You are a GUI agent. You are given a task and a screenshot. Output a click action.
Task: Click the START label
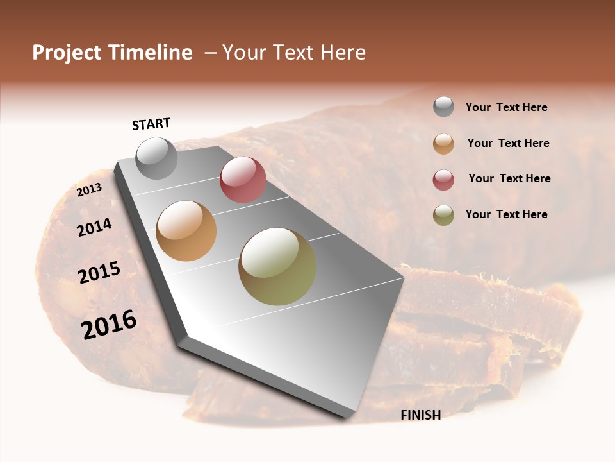[151, 124]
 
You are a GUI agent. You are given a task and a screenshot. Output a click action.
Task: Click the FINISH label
[420, 415]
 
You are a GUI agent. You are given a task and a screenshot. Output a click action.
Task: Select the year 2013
[89, 190]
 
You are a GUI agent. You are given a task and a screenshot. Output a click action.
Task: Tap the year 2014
[94, 227]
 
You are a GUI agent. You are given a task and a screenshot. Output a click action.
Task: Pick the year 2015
[99, 273]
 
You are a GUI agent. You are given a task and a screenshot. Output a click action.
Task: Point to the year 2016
[109, 325]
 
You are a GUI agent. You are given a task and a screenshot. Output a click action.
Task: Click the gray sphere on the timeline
[156, 158]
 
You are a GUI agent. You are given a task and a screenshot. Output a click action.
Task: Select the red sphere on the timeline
[243, 180]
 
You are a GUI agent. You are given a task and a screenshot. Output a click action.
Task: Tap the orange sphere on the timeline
[186, 231]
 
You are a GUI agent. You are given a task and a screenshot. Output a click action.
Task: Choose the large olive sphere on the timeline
[277, 266]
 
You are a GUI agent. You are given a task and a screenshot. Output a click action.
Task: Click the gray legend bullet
[443, 107]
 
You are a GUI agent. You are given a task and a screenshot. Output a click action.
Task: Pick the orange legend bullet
[443, 144]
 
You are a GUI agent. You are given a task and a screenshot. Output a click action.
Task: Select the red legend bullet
[443, 180]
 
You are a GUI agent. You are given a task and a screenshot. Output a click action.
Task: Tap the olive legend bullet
[443, 215]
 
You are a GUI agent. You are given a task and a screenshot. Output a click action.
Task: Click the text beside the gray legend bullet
[506, 108]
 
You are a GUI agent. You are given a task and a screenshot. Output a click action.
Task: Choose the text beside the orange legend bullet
[508, 143]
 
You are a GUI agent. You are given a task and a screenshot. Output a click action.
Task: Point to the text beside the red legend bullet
[509, 178]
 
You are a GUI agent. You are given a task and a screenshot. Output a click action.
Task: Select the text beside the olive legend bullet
[506, 214]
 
